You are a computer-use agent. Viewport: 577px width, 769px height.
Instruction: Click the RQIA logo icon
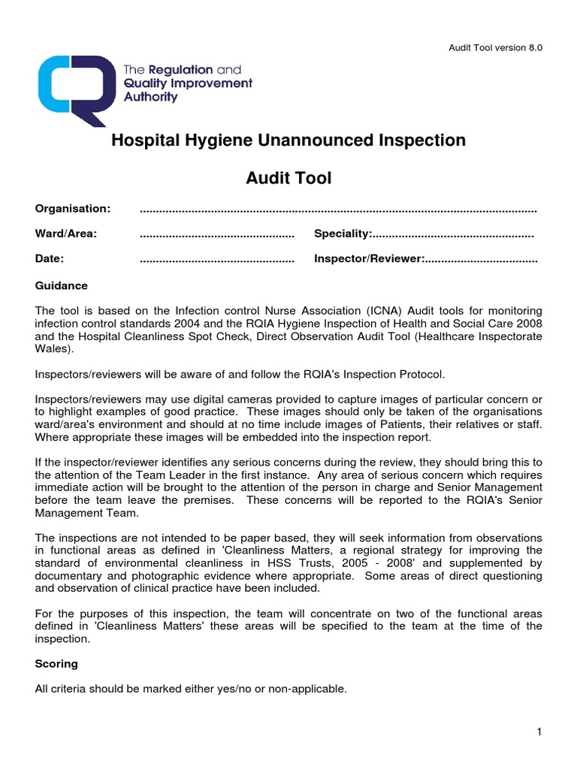click(75, 83)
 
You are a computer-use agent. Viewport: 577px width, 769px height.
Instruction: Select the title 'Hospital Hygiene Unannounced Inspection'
click(288, 140)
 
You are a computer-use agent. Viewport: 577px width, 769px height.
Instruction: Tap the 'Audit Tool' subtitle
click(288, 179)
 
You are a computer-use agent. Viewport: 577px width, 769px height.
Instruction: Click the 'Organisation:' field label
click(73, 208)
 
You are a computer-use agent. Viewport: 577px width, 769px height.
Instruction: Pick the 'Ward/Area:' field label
click(66, 234)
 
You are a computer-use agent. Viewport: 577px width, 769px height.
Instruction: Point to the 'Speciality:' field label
click(343, 234)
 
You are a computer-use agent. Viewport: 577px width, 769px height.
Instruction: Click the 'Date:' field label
click(50, 259)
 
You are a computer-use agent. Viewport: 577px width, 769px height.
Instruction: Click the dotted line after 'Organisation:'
click(338, 209)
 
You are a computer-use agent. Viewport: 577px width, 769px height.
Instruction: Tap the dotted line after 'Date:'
click(217, 260)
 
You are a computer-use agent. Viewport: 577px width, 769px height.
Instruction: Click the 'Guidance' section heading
click(62, 286)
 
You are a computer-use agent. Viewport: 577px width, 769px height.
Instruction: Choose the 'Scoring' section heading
click(56, 665)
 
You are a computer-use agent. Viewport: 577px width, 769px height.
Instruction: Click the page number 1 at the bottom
click(539, 733)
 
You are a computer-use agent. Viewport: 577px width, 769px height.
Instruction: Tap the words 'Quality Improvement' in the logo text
click(188, 83)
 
